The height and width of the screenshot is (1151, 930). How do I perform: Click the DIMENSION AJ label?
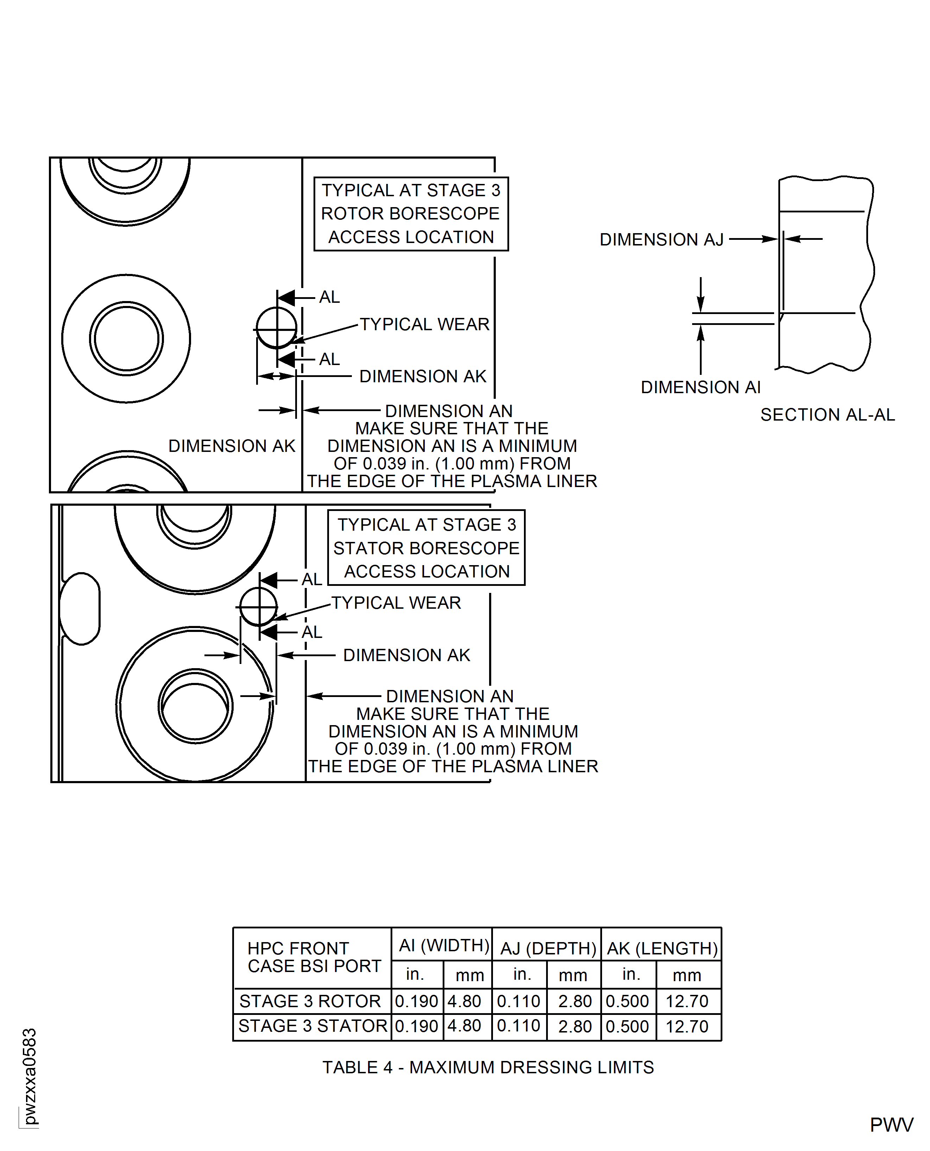click(661, 239)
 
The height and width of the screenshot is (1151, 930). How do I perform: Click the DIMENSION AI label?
click(700, 387)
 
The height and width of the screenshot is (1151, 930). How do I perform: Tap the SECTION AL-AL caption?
click(827, 415)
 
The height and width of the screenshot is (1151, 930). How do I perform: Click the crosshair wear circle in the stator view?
click(258, 607)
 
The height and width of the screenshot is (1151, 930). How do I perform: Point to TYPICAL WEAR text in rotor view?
click(424, 325)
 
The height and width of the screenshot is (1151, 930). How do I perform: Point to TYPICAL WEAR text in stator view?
click(396, 603)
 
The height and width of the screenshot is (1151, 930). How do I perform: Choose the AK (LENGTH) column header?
click(662, 948)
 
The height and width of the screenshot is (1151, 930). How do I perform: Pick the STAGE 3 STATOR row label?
click(312, 1026)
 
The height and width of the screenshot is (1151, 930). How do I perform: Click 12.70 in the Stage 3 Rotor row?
click(687, 1001)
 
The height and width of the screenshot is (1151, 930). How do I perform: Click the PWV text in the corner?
click(891, 1125)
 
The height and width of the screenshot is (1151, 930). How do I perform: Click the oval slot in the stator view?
click(80, 609)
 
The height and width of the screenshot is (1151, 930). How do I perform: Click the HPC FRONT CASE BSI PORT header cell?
click(314, 957)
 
